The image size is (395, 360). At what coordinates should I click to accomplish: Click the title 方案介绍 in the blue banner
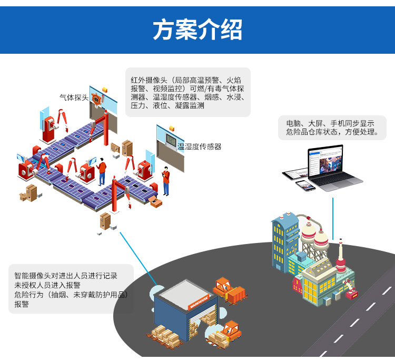pyautogui.click(x=197, y=30)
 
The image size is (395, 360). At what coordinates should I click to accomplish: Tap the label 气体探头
pyautogui.click(x=74, y=98)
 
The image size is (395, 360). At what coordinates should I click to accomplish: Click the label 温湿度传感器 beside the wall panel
pyautogui.click(x=199, y=147)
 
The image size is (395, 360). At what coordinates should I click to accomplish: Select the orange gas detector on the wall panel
pyautogui.click(x=96, y=98)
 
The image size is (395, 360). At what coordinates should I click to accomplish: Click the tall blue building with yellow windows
pyautogui.click(x=284, y=242)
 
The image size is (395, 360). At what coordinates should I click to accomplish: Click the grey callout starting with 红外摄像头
pyautogui.click(x=187, y=93)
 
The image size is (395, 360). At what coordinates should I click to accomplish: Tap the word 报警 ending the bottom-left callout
pyautogui.click(x=22, y=304)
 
